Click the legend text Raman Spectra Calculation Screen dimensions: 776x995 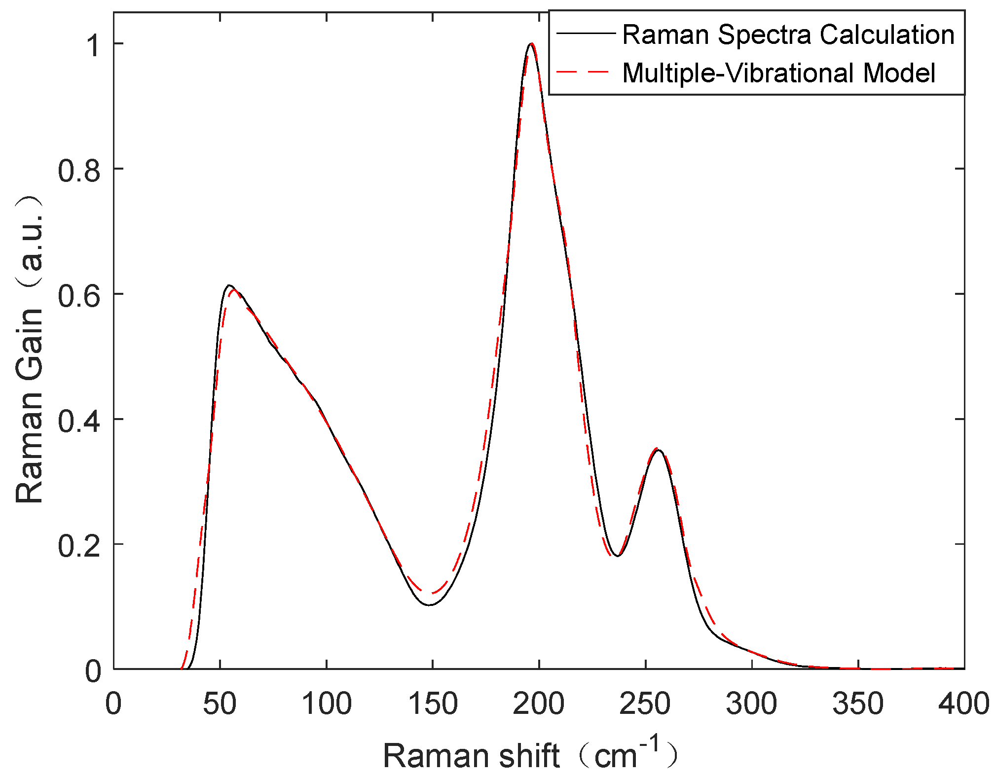pos(788,35)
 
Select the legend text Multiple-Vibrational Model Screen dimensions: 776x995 pos(778,73)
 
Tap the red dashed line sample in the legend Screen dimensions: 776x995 pos(586,72)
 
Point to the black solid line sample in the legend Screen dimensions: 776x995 pos(586,34)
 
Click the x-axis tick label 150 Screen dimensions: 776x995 pos(433,704)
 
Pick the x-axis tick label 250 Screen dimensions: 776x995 pos(645,704)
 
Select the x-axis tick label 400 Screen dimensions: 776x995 pos(963,704)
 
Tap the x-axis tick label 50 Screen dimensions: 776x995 pos(220,704)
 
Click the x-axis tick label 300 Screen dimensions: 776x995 pos(751,704)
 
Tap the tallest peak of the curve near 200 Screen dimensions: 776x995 pos(531,44)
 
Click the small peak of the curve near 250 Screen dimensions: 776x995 pos(657,450)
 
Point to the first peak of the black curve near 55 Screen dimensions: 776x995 pos(229,285)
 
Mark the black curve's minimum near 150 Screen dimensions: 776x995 pos(430,604)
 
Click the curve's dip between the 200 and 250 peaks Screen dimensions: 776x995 pos(617,556)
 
